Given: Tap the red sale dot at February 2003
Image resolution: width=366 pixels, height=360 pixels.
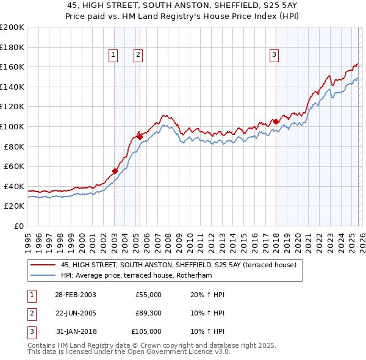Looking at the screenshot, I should [115, 171].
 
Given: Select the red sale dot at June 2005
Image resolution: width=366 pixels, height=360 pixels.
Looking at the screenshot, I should [140, 137].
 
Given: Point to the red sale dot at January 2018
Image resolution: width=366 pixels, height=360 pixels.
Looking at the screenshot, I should [276, 121].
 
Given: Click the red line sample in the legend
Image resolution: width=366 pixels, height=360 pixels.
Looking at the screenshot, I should [43, 265].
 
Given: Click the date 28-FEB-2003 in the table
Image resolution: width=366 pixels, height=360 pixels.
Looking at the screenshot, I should [75, 295].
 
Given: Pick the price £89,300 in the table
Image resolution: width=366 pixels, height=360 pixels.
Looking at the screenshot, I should [148, 313].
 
